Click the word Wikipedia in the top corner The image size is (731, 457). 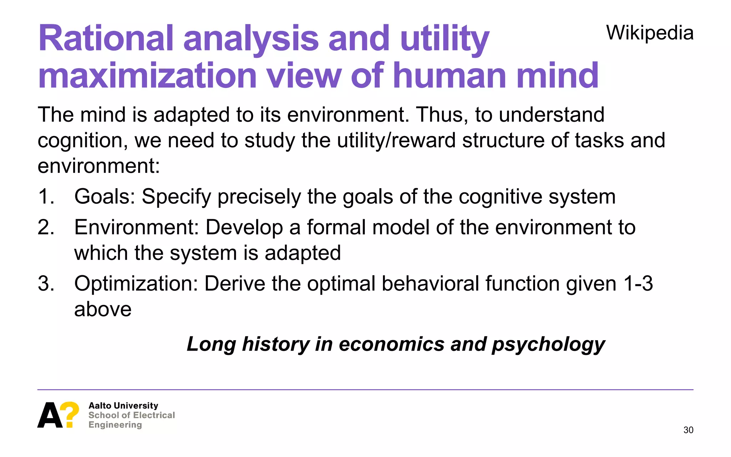click(x=650, y=33)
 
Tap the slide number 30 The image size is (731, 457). click(x=688, y=430)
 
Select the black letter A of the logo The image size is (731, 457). click(x=49, y=415)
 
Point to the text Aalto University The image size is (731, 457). click(x=123, y=406)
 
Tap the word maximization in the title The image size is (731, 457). click(x=147, y=76)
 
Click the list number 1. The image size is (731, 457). click(x=46, y=197)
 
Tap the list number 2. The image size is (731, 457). click(x=46, y=227)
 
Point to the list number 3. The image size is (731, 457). click(x=46, y=284)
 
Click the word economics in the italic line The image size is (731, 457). click(x=392, y=344)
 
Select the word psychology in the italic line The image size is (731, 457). click(x=548, y=345)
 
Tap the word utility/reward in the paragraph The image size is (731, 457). click(x=397, y=140)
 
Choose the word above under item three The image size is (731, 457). click(x=103, y=309)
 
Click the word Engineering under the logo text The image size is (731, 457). click(x=115, y=425)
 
